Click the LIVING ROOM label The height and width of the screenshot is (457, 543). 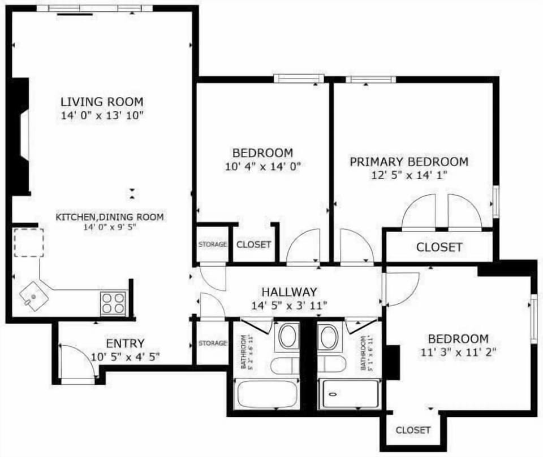pos(102,102)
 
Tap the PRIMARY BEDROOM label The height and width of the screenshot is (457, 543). pos(408,162)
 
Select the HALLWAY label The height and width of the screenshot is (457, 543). pos(288,292)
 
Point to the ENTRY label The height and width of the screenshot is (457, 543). pos(125,343)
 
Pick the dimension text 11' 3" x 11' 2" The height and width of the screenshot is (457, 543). pos(458,352)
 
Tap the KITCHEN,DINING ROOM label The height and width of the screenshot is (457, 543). pos(110,217)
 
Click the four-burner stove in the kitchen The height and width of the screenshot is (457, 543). pos(113,303)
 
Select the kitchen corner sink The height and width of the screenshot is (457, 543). pos(31,295)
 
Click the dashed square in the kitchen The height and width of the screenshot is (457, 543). pos(28,242)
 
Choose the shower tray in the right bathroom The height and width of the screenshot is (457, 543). pos(348,394)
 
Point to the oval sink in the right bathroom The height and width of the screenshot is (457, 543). pos(329,337)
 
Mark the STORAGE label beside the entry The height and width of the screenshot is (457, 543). pos(212,343)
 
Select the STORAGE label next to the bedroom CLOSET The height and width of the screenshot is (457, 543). pos(212,245)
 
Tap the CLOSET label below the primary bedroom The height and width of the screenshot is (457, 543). pos(439,247)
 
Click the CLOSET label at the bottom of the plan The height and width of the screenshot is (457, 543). pos(413,430)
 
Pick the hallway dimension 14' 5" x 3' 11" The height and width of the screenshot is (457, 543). pos(288,306)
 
